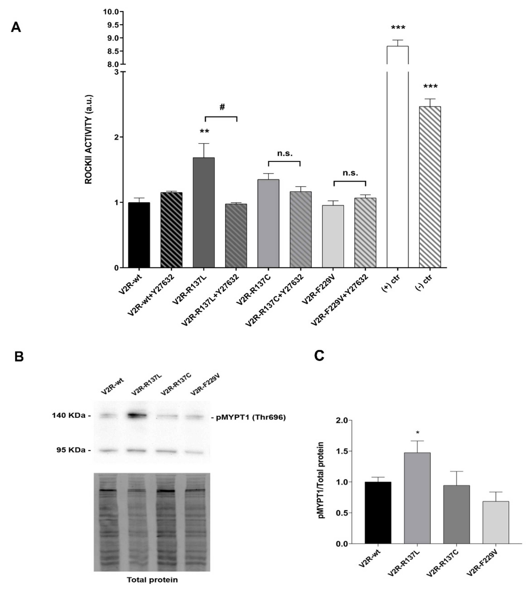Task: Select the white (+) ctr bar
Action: coord(397,168)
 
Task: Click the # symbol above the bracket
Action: coord(222,107)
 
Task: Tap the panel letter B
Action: coord(19,357)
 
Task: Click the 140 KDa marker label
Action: coord(69,416)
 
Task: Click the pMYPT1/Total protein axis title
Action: coord(321,481)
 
